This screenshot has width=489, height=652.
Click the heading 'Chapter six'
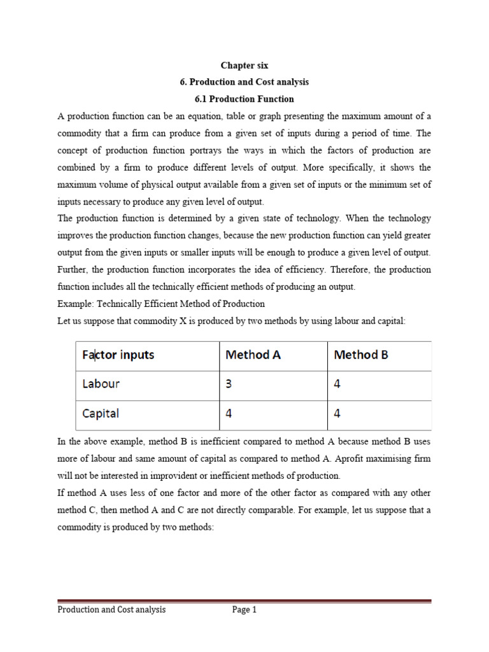[x=244, y=65]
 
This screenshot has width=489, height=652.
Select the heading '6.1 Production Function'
[x=244, y=99]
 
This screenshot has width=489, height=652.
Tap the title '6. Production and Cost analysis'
[x=244, y=82]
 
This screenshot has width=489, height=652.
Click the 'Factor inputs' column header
[x=118, y=355]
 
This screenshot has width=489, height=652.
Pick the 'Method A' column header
[x=253, y=355]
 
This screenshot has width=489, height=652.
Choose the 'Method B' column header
[x=360, y=355]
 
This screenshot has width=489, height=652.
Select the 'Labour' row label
[x=101, y=384]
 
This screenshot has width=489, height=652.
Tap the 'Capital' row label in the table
[x=101, y=413]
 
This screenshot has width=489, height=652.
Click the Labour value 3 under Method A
[x=229, y=384]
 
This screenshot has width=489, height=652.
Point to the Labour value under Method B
[x=337, y=384]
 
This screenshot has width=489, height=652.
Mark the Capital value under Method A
[x=229, y=413]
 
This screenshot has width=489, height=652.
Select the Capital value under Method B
[x=337, y=413]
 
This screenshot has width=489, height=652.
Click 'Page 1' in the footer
[x=244, y=609]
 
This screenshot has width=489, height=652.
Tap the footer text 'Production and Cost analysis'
[x=111, y=609]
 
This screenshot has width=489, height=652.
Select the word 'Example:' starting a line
[x=75, y=304]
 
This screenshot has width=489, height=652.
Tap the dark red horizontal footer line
[x=244, y=600]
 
